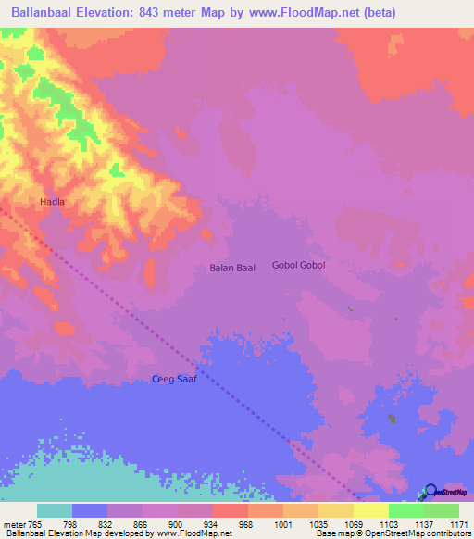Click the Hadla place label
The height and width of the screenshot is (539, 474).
[x=52, y=201]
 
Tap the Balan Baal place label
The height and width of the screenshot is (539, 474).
[x=231, y=268]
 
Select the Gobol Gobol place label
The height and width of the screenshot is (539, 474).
[x=298, y=265]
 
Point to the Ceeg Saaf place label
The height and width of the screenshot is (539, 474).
[x=174, y=380]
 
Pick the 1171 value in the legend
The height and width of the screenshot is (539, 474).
[x=458, y=524]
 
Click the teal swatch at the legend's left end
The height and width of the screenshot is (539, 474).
[x=55, y=510]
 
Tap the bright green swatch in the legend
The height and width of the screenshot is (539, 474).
[x=405, y=510]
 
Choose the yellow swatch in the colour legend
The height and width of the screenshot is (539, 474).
[x=370, y=510]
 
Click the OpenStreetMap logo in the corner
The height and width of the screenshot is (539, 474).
[x=445, y=492]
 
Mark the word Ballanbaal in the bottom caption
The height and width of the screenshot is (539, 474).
[x=24, y=533]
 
